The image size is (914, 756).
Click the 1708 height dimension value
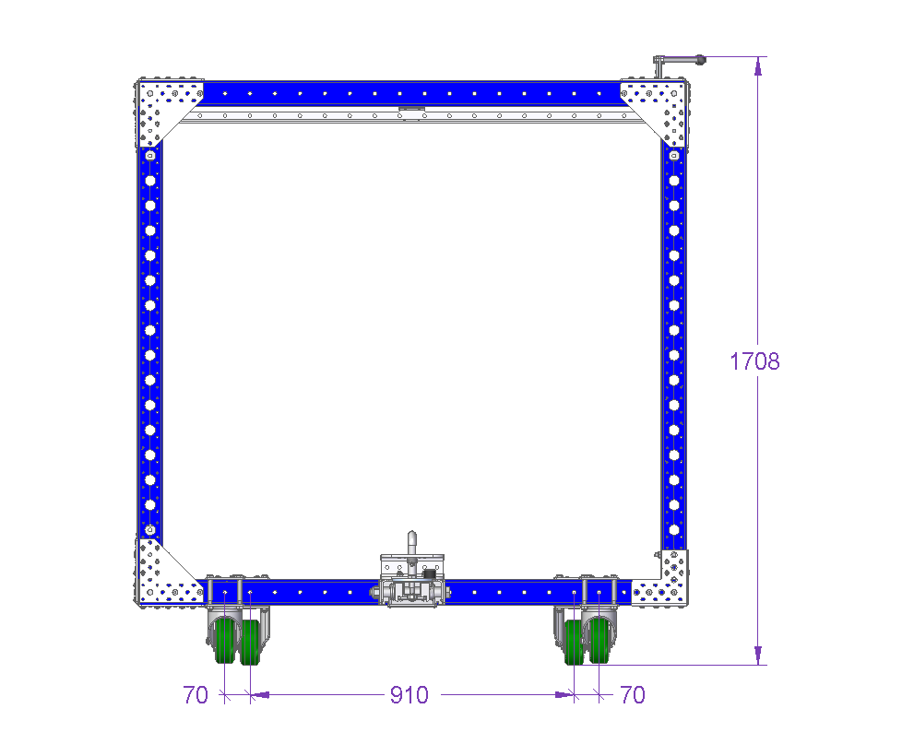click(754, 361)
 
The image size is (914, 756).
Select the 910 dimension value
click(410, 695)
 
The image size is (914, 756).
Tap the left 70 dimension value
click(196, 695)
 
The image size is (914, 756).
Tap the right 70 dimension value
click(633, 695)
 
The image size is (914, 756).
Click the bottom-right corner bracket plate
click(664, 583)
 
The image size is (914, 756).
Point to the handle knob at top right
click(700, 59)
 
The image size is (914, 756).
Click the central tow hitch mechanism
click(412, 583)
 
